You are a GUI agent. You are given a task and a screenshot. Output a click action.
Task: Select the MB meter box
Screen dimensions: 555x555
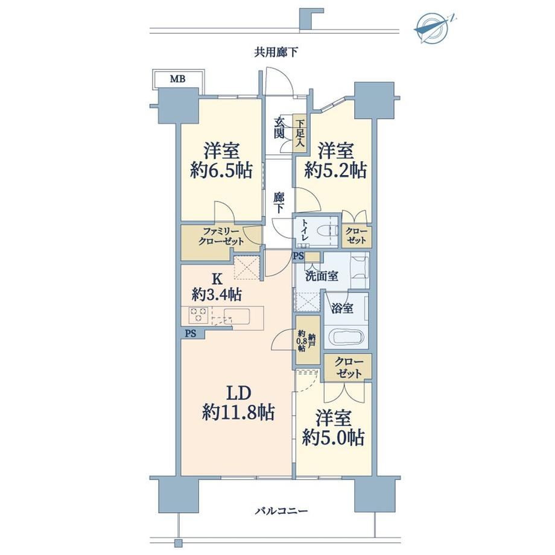(x=178, y=78)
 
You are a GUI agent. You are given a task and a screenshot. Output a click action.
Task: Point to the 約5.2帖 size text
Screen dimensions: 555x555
(x=335, y=171)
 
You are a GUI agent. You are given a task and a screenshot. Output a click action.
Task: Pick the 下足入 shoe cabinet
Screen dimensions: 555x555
(x=300, y=133)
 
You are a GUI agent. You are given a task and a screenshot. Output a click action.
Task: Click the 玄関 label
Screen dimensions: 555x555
(x=279, y=128)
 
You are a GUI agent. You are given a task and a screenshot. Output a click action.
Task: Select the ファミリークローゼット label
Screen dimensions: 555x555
(x=221, y=237)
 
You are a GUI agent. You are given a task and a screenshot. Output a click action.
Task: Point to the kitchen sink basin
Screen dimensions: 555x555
(x=237, y=314)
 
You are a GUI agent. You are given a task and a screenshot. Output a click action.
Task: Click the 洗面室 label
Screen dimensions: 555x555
(x=322, y=276)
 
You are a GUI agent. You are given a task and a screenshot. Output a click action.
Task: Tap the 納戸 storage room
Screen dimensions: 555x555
(x=308, y=340)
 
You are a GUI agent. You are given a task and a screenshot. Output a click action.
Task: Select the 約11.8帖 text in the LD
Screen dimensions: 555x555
(x=238, y=412)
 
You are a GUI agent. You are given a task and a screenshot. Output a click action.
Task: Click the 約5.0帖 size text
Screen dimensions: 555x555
(x=333, y=437)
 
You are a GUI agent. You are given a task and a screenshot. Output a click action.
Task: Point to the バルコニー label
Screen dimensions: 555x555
(x=281, y=511)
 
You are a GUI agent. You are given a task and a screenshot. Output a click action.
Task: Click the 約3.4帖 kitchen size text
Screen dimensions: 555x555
(x=217, y=294)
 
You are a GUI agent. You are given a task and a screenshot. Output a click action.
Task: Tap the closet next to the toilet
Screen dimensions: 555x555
(x=356, y=235)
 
